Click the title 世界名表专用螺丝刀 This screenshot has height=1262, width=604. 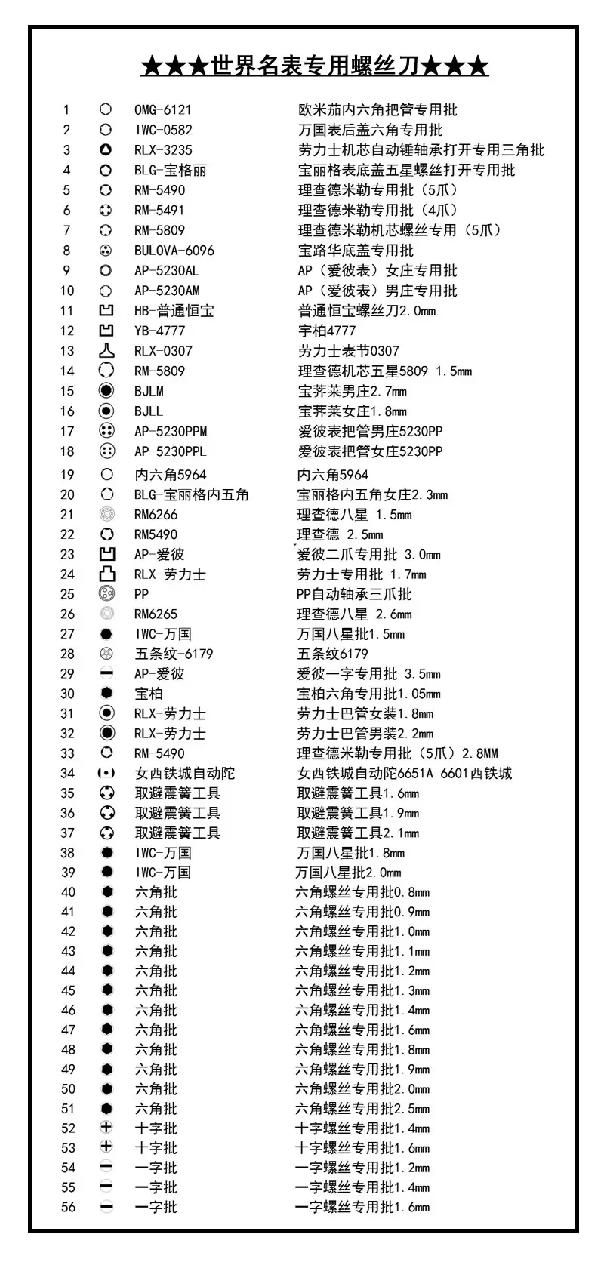pos(315,66)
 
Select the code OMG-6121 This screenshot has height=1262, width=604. pos(162,110)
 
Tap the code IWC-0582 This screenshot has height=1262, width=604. pos(163,130)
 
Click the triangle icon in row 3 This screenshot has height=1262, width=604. pos(106,150)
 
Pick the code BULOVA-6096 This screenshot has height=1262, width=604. pos(174,251)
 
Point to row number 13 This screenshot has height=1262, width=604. pos(67,351)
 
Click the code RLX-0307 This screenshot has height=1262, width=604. pos(163,351)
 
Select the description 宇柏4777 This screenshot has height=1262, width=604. pos(326,331)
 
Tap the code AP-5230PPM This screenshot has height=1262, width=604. pos(171,432)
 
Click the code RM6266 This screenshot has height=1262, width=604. pos(156,515)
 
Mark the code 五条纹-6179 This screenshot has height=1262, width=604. pos(174,654)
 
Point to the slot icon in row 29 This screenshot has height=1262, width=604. pos(106,673)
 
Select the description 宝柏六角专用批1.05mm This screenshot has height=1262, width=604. pos(368,694)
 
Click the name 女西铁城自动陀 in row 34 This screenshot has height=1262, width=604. pos(185,774)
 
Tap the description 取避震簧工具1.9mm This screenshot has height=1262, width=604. pos(358,813)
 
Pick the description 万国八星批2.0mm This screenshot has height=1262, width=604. pos(348,873)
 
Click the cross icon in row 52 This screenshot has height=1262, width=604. pos(106,1128)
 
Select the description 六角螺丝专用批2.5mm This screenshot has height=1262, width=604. pos(362,1109)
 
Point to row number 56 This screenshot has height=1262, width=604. pos(68,1207)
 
